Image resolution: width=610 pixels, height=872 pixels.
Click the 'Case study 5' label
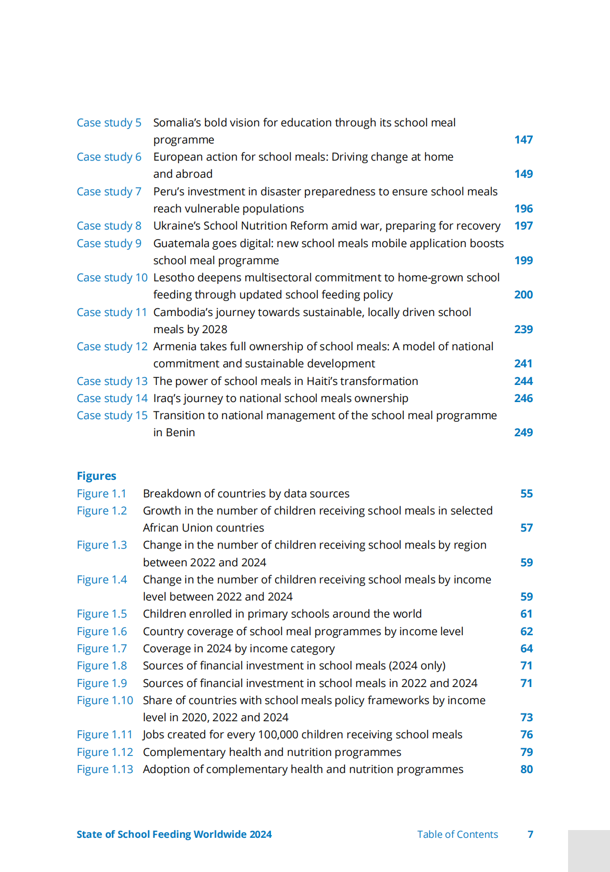[109, 123]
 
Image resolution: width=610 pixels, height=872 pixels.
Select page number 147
[523, 140]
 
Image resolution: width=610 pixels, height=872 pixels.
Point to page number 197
[523, 226]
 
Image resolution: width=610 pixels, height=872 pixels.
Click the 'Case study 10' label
[112, 278]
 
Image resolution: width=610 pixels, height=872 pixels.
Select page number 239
[523, 330]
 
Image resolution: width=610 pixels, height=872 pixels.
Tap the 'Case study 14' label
[112, 398]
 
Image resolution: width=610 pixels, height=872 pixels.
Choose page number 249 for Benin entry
[523, 433]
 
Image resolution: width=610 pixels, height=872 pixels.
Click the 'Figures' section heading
[96, 476]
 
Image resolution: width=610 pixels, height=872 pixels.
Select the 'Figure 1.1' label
[101, 494]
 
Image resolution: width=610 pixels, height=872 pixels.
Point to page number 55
[526, 494]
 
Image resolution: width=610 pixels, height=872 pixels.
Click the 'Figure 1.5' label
[101, 614]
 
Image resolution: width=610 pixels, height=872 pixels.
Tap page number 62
[526, 632]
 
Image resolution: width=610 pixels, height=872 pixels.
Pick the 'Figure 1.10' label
[105, 701]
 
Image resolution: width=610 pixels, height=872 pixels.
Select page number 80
[526, 769]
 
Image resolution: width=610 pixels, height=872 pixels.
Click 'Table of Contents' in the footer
[457, 835]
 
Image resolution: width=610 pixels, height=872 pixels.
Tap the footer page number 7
[530, 835]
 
